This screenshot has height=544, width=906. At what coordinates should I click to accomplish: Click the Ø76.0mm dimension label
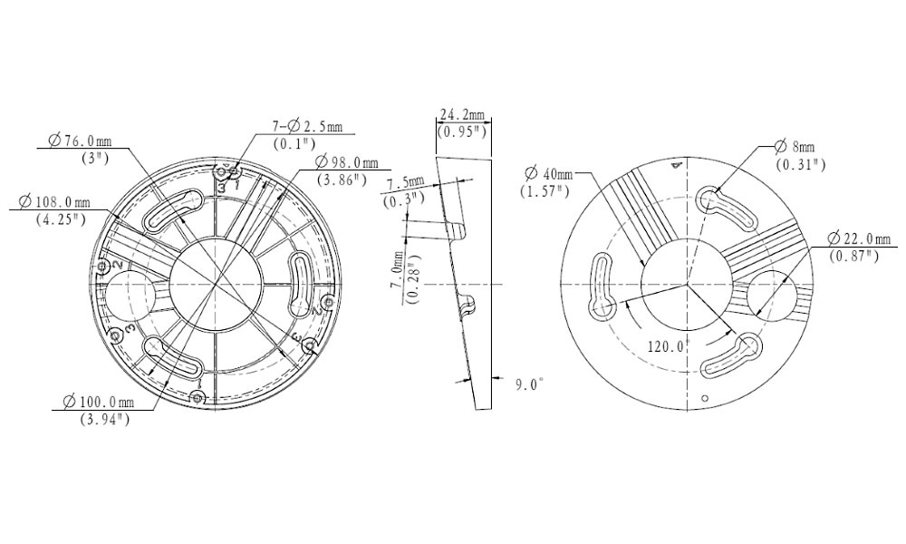tap(81, 141)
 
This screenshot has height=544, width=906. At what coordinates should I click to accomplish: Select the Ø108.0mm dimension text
tap(54, 202)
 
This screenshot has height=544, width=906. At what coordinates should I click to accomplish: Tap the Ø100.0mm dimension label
tap(98, 402)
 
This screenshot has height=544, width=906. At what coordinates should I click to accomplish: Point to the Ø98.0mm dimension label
tap(347, 162)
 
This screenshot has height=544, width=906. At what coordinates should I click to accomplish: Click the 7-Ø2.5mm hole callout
tap(307, 126)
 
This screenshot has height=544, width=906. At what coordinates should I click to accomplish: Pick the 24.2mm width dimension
tap(462, 114)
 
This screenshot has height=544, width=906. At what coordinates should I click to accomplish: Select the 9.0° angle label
tap(529, 384)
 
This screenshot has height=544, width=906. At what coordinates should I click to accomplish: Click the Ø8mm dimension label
tap(794, 147)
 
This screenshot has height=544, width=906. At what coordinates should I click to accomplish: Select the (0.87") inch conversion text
tap(854, 256)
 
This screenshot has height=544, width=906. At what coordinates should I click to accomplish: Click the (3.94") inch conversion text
tap(104, 419)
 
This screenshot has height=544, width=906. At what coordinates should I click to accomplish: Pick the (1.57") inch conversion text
tap(545, 190)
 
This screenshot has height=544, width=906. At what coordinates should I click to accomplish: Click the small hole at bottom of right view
tap(704, 398)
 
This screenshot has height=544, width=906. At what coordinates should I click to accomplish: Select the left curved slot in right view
tap(601, 286)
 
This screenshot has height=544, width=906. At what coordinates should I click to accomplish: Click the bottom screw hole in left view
tap(198, 398)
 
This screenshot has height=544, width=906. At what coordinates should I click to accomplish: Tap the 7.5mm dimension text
tap(405, 184)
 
